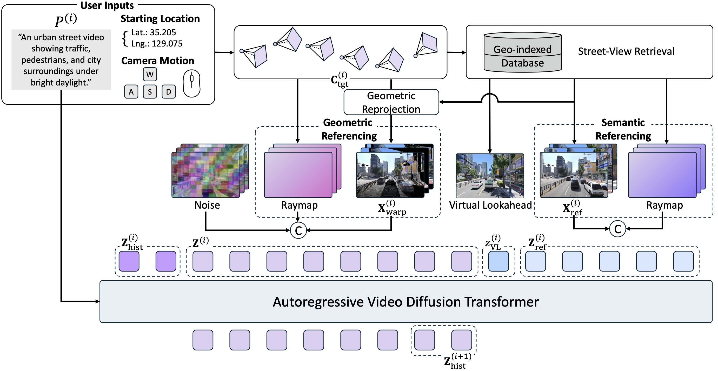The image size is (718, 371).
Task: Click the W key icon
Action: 150,74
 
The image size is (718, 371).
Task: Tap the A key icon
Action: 131,92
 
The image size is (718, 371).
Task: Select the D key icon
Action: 169,92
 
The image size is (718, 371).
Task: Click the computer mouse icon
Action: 192,83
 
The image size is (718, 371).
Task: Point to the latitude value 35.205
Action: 163,33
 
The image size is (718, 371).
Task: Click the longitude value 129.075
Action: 167,44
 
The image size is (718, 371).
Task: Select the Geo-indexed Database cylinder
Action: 523,53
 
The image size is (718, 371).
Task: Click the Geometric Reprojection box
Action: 391,102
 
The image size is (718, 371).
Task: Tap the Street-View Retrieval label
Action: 626,51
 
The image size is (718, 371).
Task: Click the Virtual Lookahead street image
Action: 490,176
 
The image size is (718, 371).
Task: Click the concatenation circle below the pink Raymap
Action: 298,230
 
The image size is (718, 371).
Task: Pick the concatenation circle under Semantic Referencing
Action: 618,229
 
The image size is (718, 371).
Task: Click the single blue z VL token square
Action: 498,261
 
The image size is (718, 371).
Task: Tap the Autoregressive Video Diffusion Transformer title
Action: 405,302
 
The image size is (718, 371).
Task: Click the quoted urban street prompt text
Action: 61,60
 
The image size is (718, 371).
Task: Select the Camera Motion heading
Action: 157,61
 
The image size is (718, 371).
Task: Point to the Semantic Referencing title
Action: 623,129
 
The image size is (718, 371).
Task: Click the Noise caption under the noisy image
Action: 207,206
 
